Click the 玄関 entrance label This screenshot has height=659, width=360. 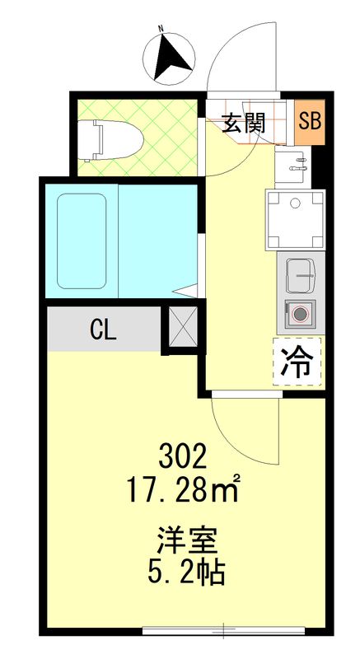243,124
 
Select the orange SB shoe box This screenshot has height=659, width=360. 310,122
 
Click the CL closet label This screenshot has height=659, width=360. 104,329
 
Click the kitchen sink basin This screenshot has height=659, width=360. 299,275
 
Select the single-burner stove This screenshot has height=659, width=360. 299,313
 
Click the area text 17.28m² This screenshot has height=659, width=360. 183,491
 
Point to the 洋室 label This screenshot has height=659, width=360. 187,543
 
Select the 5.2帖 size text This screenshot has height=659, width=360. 187,573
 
